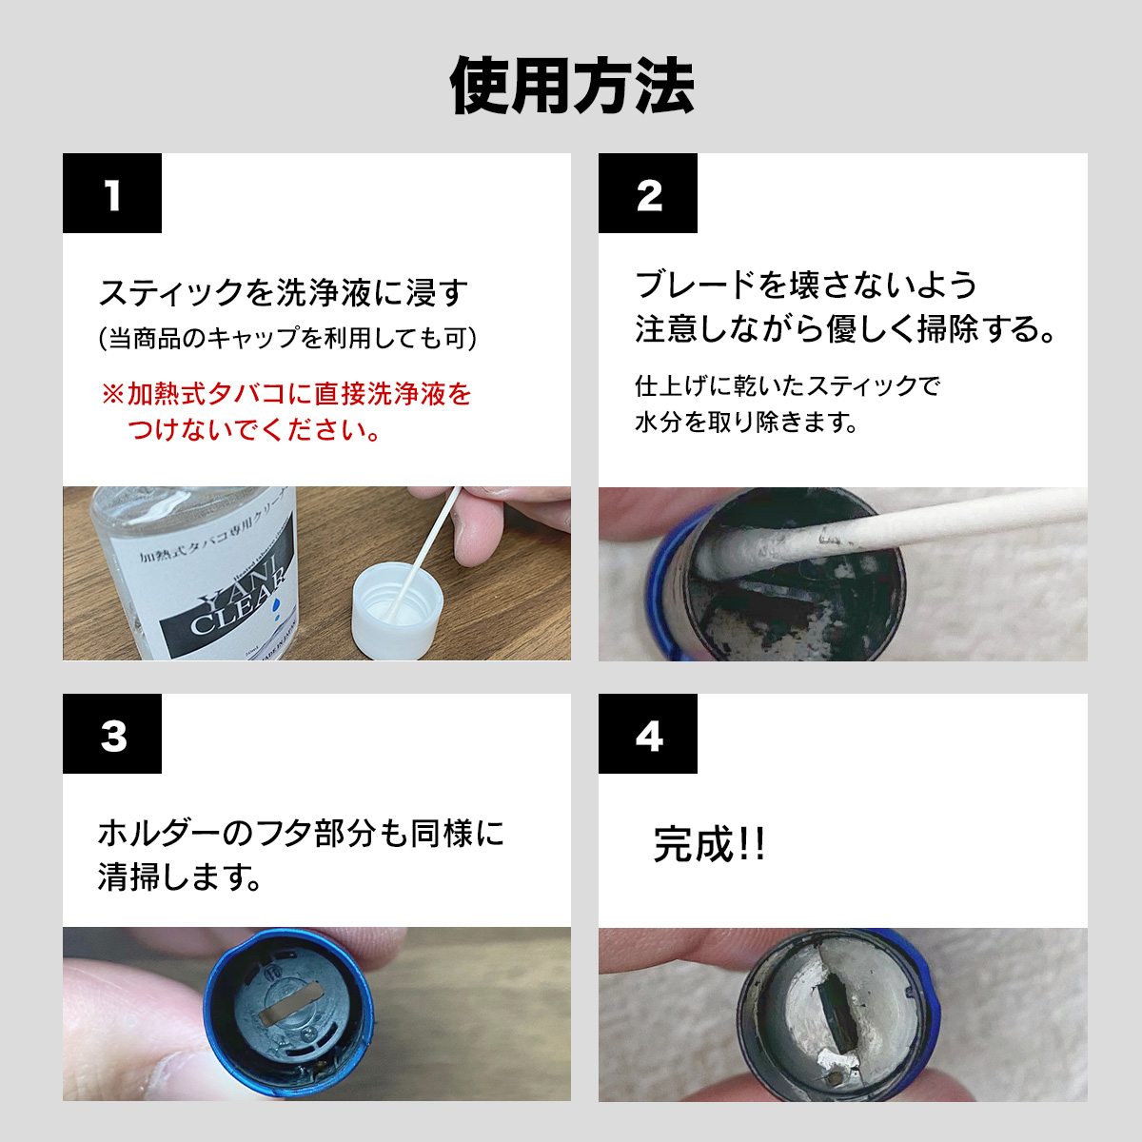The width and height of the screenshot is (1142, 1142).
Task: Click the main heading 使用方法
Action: click(571, 86)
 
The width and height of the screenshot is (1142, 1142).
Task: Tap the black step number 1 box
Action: click(112, 193)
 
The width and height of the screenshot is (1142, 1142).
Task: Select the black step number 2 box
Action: click(648, 193)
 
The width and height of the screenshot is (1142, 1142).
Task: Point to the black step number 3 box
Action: click(112, 734)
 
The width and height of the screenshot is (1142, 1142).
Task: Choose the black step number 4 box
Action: click(648, 734)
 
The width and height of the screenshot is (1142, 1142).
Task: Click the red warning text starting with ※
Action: click(286, 411)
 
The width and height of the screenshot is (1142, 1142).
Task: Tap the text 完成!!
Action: click(709, 844)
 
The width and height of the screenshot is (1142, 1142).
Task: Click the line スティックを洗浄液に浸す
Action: click(283, 293)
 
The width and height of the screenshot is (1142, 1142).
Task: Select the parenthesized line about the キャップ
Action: click(287, 339)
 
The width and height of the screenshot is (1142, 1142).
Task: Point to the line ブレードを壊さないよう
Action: click(805, 285)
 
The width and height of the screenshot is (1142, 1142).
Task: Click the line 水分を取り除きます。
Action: click(747, 422)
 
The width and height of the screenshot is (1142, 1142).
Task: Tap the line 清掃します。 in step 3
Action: click(180, 877)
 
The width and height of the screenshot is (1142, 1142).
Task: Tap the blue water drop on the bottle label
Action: click(276, 607)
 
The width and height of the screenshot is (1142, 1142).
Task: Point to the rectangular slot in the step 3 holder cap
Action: click(288, 1004)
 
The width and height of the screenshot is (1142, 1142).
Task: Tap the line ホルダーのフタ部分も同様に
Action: click(301, 834)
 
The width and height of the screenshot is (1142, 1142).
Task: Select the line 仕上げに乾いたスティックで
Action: click(788, 385)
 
